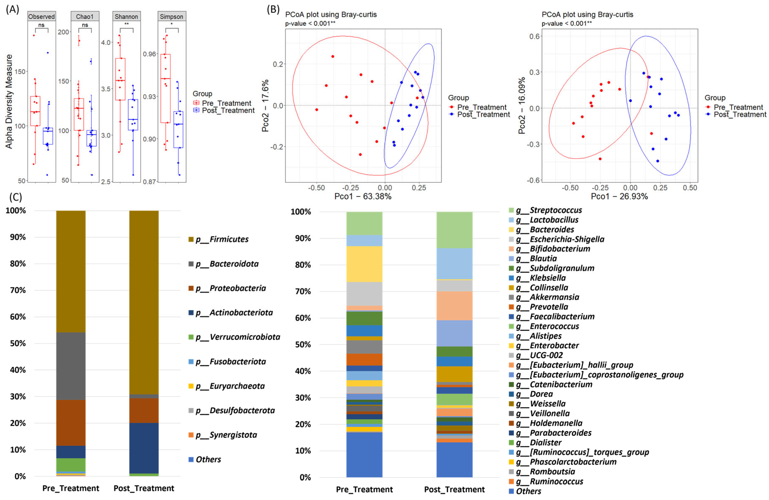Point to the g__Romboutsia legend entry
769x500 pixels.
[x=552, y=471]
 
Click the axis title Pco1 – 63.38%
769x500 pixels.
[x=363, y=196]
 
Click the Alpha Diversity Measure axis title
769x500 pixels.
[x=9, y=101]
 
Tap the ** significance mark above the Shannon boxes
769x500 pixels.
[x=126, y=24]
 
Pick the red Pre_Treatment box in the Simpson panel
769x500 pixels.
[x=165, y=88]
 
